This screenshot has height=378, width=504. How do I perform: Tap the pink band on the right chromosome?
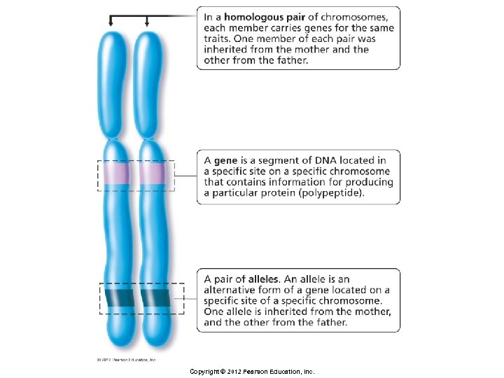point(152,172)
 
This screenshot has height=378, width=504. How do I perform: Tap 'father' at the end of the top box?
point(291,60)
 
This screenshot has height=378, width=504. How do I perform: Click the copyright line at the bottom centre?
point(252,371)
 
